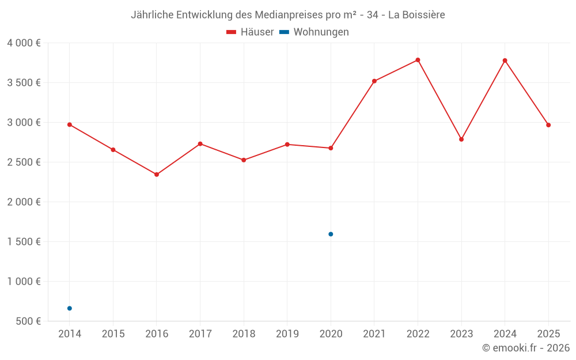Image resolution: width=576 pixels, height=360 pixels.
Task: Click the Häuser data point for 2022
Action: [x=418, y=60]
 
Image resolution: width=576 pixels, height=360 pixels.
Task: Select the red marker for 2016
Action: [x=157, y=175]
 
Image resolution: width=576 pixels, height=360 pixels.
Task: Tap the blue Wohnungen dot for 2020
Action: [x=331, y=234]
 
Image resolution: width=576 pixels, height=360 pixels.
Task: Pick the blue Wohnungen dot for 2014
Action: [x=70, y=308]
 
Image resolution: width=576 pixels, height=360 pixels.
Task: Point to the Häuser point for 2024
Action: [x=505, y=60]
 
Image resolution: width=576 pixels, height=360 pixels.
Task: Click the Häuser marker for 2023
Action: [x=461, y=139]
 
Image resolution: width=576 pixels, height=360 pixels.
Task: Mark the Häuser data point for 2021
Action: [x=374, y=81]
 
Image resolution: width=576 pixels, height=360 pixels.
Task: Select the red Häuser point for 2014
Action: [x=70, y=124]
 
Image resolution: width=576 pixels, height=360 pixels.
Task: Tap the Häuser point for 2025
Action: [x=548, y=125]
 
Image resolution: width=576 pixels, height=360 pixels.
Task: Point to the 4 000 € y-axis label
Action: [x=24, y=43]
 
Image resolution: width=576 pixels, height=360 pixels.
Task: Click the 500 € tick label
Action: [x=28, y=321]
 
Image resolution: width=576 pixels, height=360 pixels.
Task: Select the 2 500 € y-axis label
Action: [x=24, y=162]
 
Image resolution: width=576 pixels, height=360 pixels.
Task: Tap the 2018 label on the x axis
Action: [x=244, y=334]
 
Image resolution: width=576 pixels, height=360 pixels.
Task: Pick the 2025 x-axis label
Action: [x=548, y=334]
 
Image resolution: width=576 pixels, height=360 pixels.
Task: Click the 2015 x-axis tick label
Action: [x=113, y=334]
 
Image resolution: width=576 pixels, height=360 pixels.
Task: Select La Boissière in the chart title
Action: [x=416, y=15]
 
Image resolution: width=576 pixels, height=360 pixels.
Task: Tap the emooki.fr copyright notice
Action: [x=525, y=348]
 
